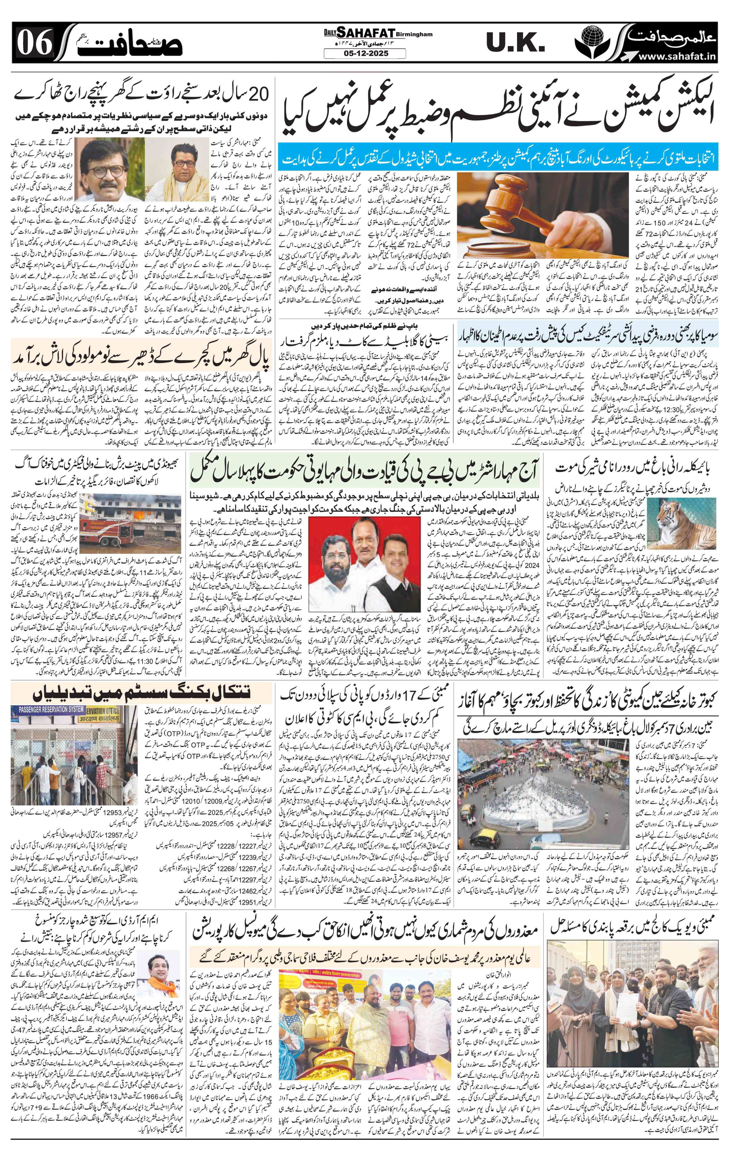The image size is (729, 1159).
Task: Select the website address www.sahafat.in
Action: pyautogui.click(x=669, y=57)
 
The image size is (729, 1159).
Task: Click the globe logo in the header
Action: pyautogui.click(x=598, y=41)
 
